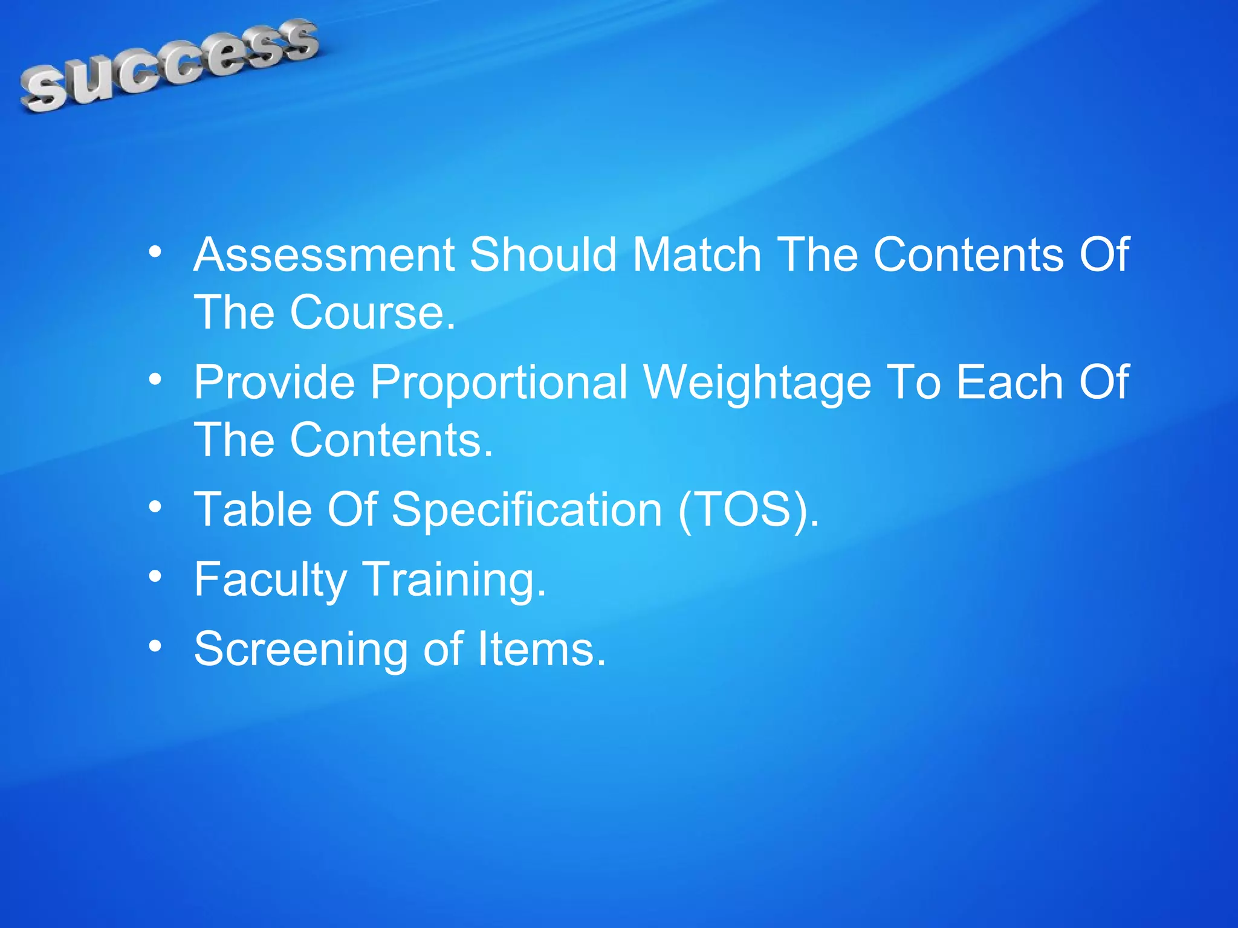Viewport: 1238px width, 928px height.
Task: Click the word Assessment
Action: pyautogui.click(x=324, y=255)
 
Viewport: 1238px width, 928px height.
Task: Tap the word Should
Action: pyautogui.click(x=543, y=255)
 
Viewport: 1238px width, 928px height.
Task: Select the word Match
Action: pyautogui.click(x=696, y=255)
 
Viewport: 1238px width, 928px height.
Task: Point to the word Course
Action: pyautogui.click(x=372, y=313)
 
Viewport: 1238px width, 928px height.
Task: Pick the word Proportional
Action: pyautogui.click(x=499, y=382)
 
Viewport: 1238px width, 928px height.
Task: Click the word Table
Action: pyautogui.click(x=253, y=509)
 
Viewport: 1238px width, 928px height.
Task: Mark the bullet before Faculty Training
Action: pyautogui.click(x=155, y=576)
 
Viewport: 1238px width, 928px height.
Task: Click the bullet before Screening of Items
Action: pyautogui.click(x=155, y=646)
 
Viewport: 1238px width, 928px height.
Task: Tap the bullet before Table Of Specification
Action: pyautogui.click(x=155, y=507)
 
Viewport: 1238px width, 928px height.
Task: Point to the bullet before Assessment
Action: pyautogui.click(x=155, y=252)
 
